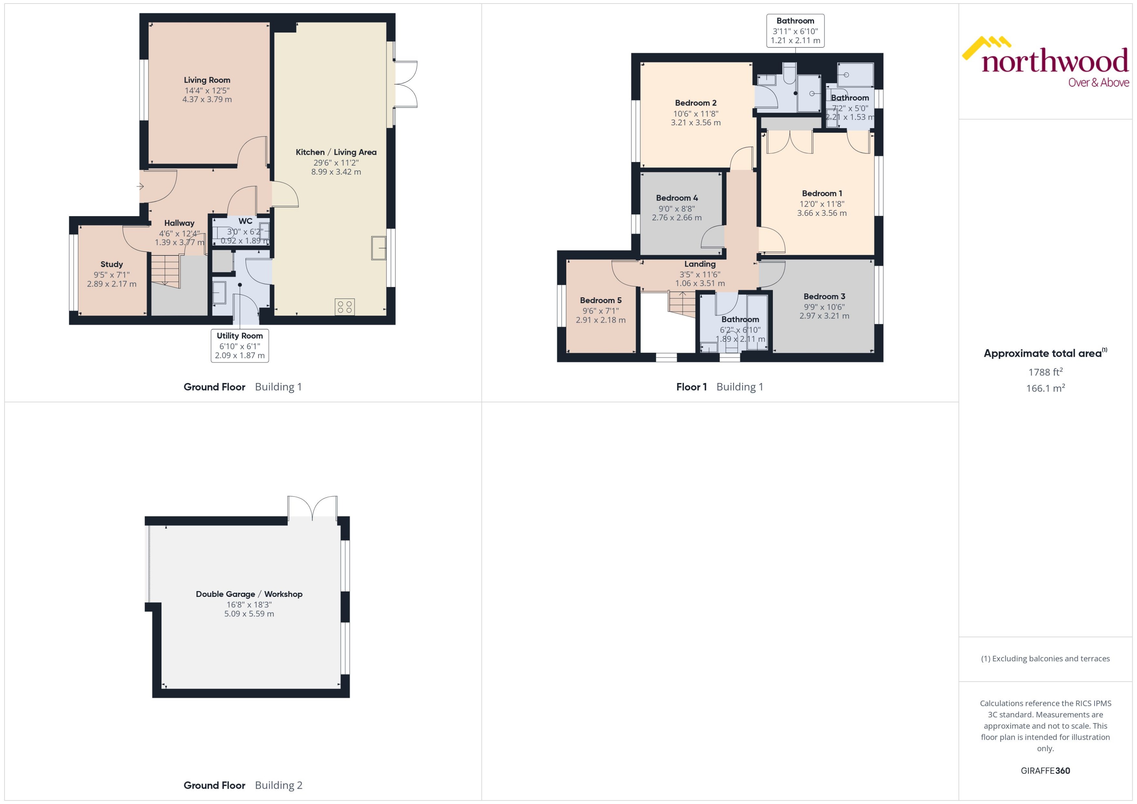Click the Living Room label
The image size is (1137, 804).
pyautogui.click(x=207, y=80)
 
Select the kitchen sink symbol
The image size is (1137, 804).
pyautogui.click(x=378, y=248)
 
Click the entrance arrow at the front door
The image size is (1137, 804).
pyautogui.click(x=140, y=187)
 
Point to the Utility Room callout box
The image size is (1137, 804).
pyautogui.click(x=240, y=346)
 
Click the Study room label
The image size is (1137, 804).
pyautogui.click(x=111, y=264)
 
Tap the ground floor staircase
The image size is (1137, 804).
pyautogui.click(x=165, y=270)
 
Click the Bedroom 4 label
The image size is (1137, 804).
pyautogui.click(x=677, y=198)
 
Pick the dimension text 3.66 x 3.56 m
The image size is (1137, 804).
pyautogui.click(x=822, y=213)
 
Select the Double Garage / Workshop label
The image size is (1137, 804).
pyautogui.click(x=249, y=594)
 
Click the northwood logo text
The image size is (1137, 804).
pyautogui.click(x=1055, y=62)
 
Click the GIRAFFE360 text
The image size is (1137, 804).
pyautogui.click(x=1045, y=771)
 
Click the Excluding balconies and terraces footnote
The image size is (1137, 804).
pyautogui.click(x=1045, y=659)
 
